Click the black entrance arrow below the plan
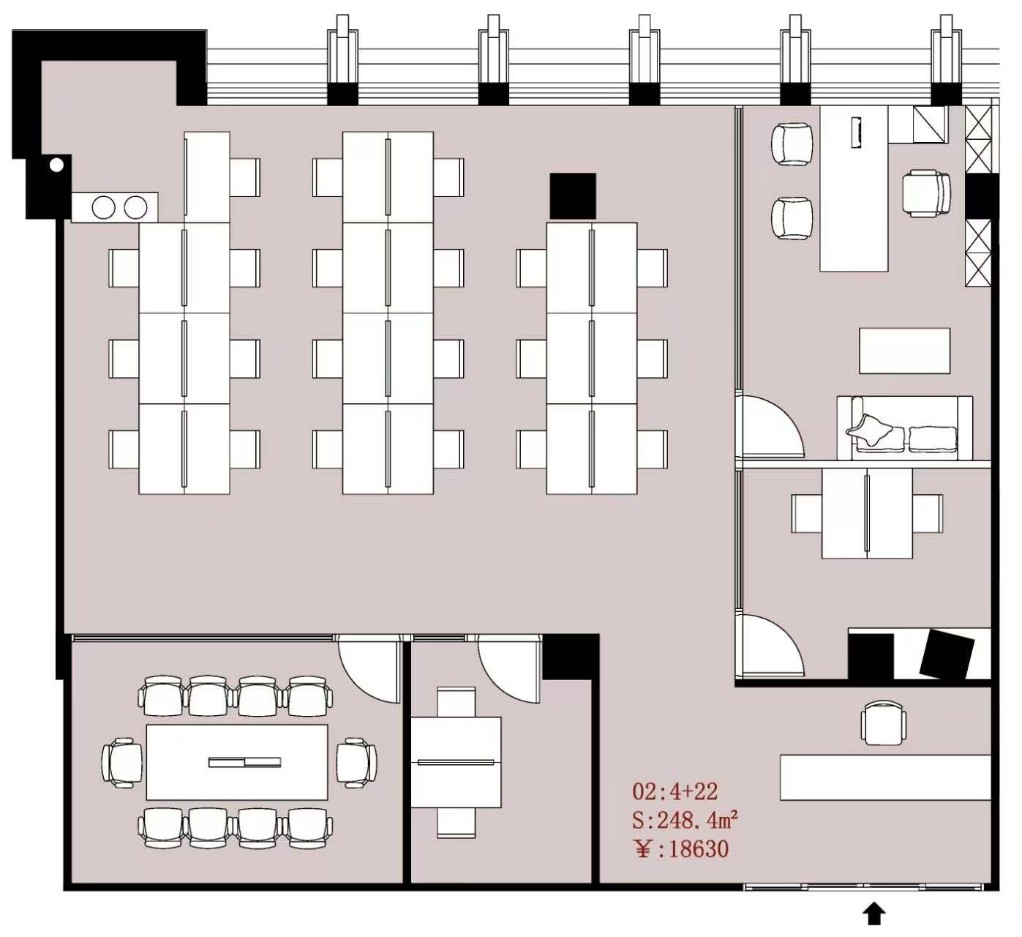point(874,914)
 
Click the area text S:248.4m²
point(685,821)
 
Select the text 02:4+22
point(675,792)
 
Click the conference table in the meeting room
point(237,763)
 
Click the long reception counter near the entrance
point(885,777)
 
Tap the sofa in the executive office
point(905,428)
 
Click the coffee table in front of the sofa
point(904,351)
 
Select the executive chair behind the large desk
point(926,194)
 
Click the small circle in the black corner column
point(56,165)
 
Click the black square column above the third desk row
point(573,195)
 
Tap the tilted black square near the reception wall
point(947,654)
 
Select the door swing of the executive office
point(770,426)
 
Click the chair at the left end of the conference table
point(122,763)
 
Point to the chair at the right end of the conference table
point(356,763)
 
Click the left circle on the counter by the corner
point(103,207)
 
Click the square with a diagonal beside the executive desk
point(930,124)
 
